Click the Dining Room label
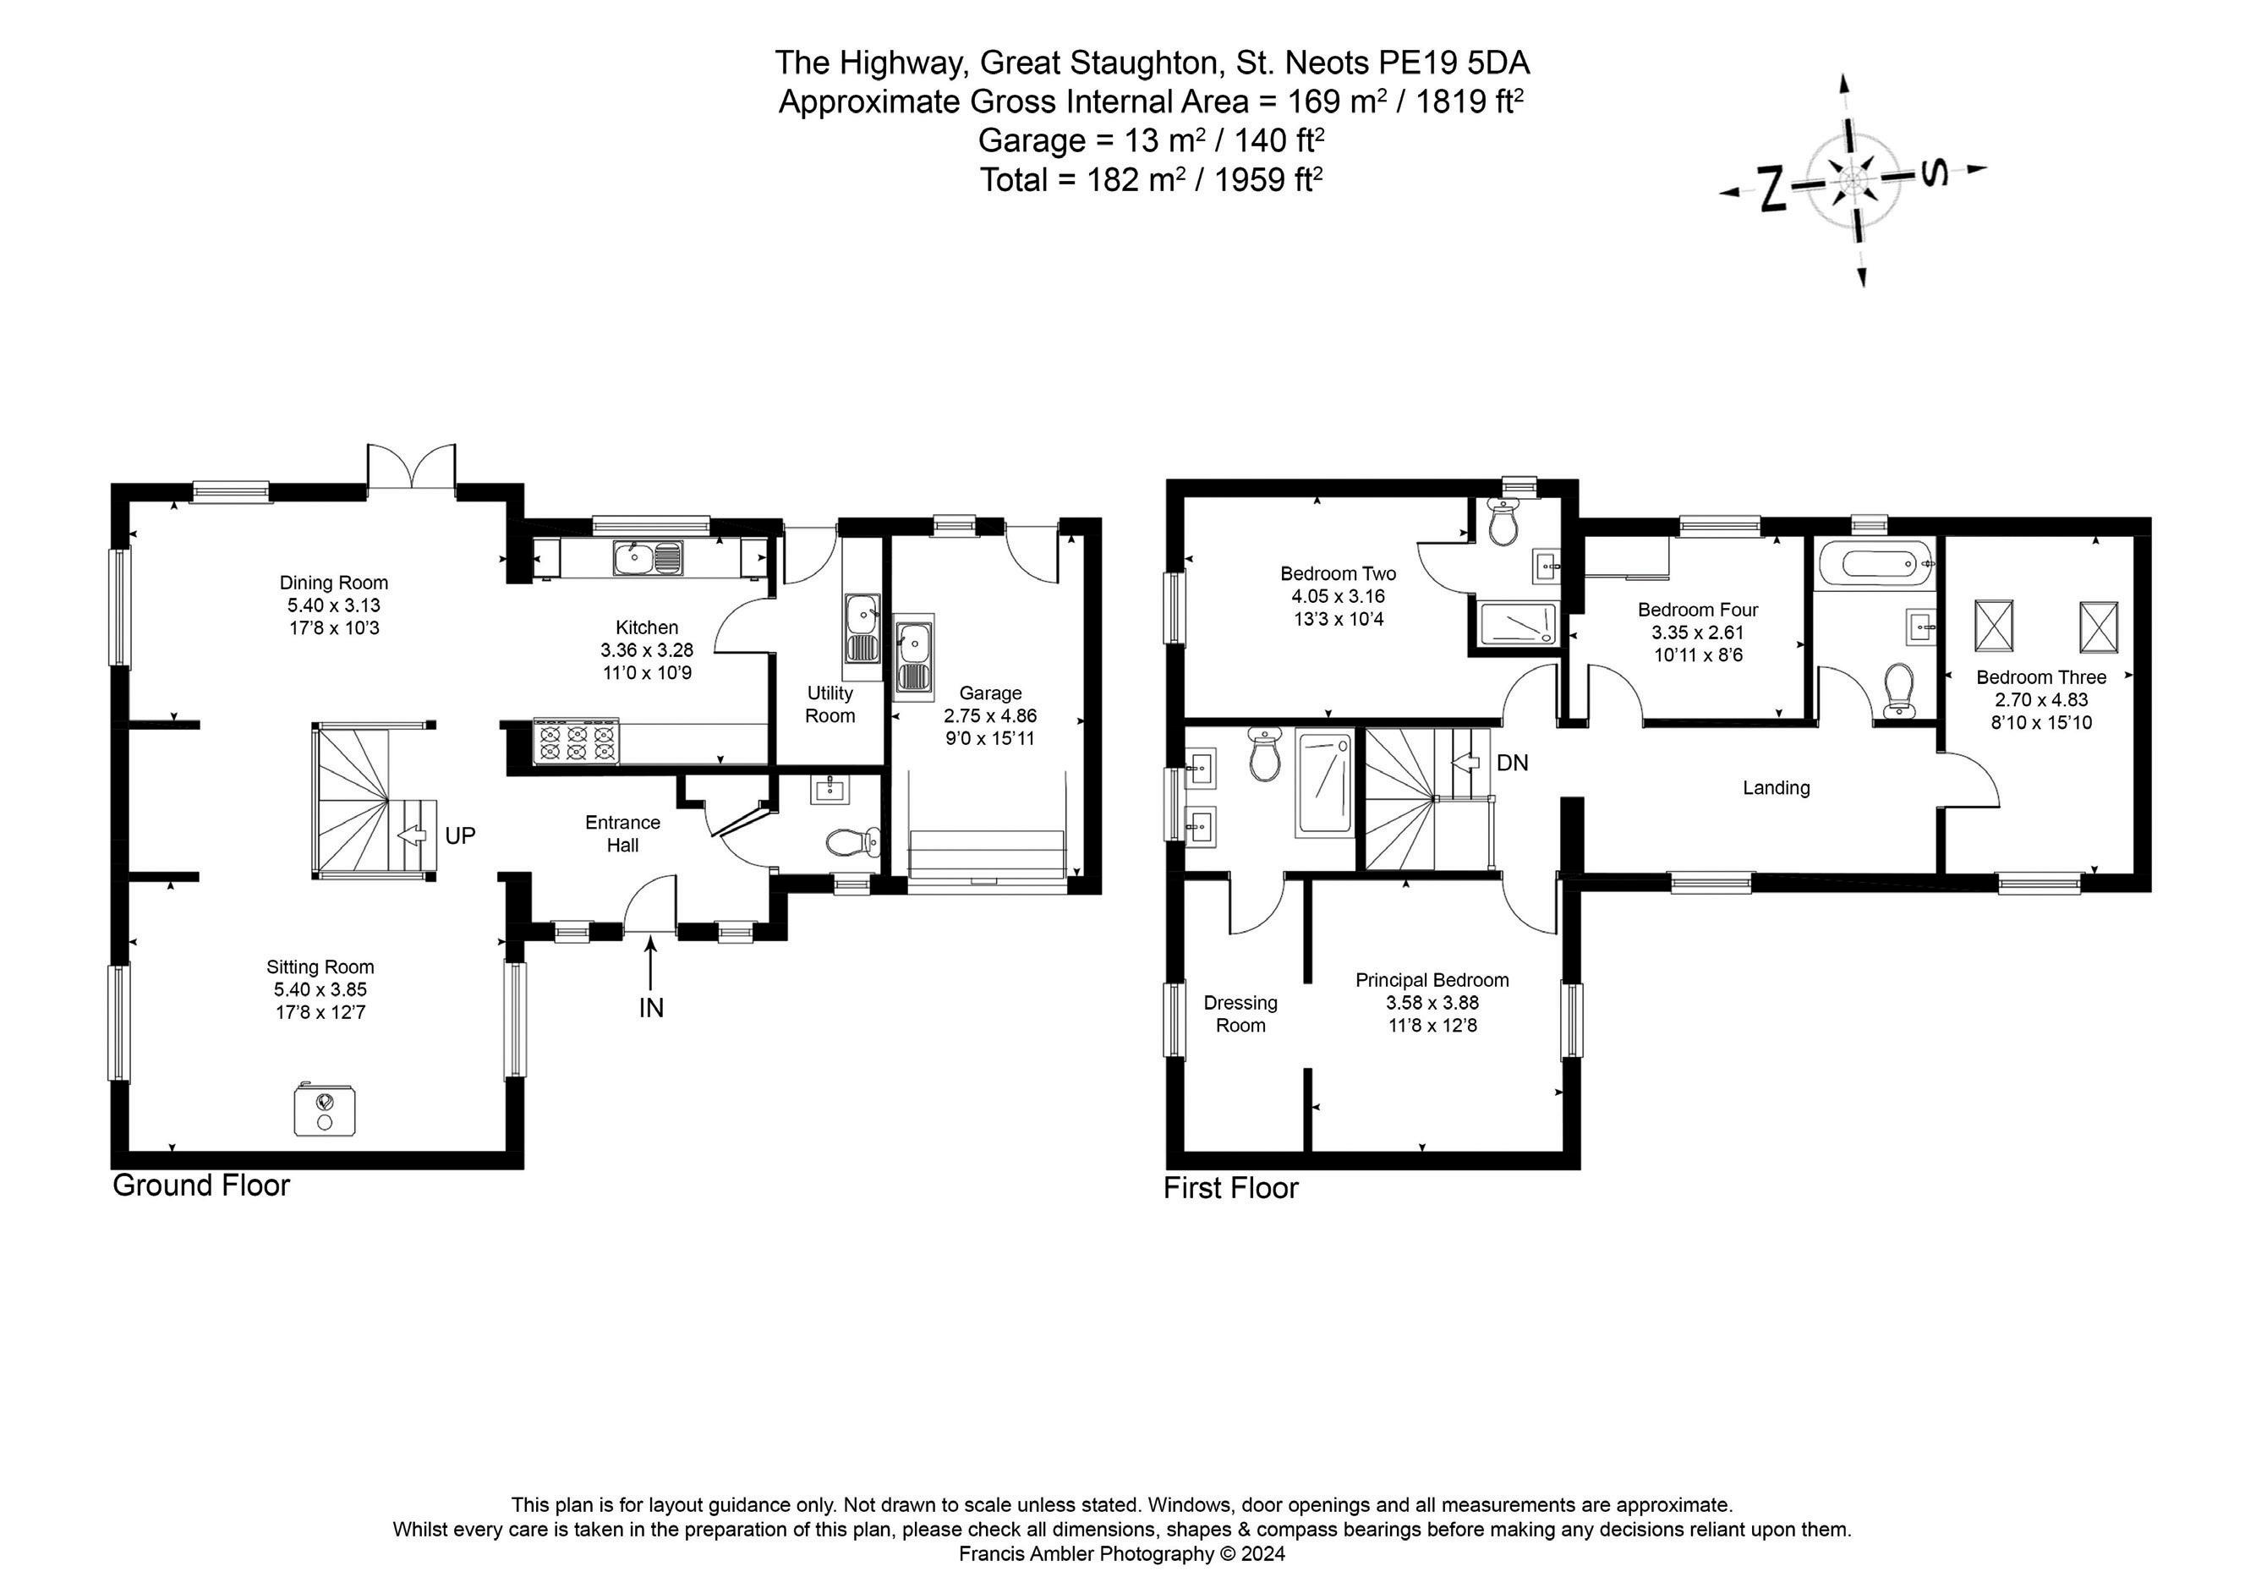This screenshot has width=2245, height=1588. click(333, 583)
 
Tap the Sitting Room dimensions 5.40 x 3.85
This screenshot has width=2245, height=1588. click(320, 989)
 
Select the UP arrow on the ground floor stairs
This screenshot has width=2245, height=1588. click(413, 836)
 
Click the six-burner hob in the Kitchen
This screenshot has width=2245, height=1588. click(577, 742)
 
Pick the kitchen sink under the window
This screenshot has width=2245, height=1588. click(649, 558)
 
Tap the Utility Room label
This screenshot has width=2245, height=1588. click(830, 704)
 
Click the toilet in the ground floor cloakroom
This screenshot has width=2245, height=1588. click(851, 842)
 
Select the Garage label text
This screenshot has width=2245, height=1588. click(989, 693)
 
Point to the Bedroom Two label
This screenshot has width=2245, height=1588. click(1338, 574)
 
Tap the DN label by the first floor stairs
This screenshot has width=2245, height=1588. click(1512, 763)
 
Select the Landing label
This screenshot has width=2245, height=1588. click(1776, 788)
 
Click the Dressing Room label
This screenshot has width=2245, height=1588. click(1240, 1014)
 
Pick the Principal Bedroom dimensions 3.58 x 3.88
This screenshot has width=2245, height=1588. click(1432, 1003)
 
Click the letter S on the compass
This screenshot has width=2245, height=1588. click(1932, 174)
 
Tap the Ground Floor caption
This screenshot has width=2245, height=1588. click(201, 1186)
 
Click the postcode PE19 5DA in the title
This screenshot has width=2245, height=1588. click(1454, 63)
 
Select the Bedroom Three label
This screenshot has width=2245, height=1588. click(2040, 677)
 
